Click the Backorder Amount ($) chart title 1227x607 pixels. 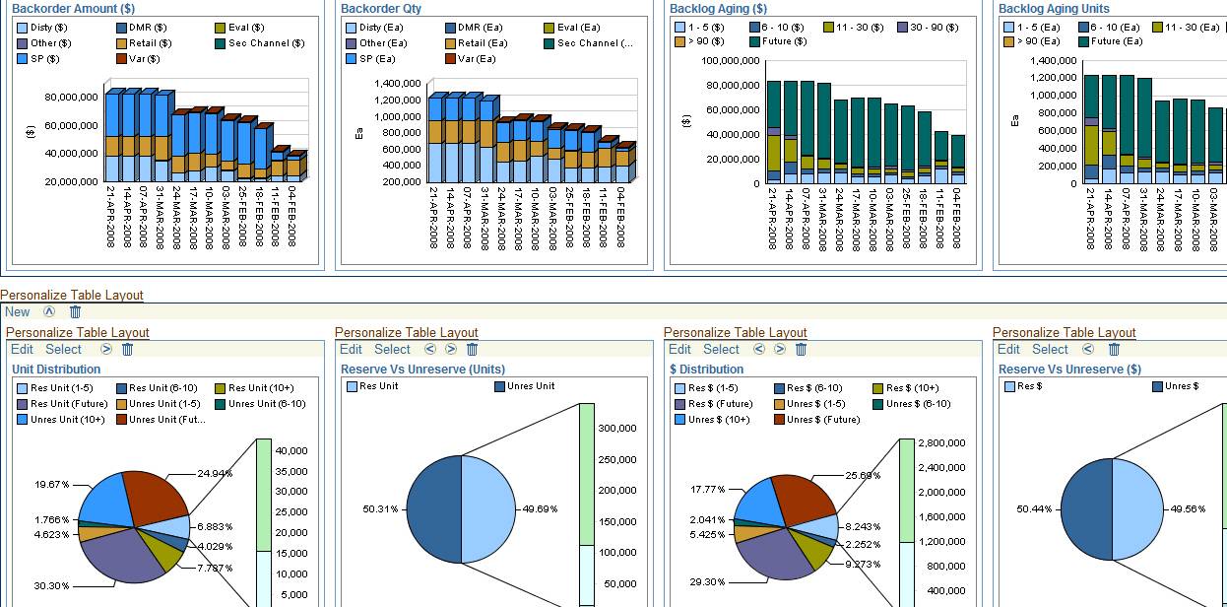(x=73, y=9)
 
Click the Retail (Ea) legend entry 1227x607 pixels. (x=483, y=43)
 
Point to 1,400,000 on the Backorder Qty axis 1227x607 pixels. (x=399, y=84)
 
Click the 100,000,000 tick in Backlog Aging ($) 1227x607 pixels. (x=730, y=61)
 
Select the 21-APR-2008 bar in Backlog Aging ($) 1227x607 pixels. (x=773, y=132)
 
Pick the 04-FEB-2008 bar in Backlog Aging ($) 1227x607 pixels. (x=958, y=159)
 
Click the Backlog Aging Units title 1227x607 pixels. (x=1054, y=9)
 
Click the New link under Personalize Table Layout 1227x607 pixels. (x=18, y=312)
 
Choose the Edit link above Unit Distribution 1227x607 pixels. (x=22, y=350)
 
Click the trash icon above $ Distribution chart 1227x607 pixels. (x=802, y=350)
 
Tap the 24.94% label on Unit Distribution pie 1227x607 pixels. (x=215, y=474)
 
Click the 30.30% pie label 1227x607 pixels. (x=52, y=586)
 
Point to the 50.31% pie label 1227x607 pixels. (x=380, y=509)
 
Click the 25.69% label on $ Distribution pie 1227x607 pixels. (x=863, y=475)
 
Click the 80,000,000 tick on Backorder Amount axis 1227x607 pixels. (x=71, y=98)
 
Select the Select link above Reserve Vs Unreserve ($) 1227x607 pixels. (x=1050, y=350)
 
